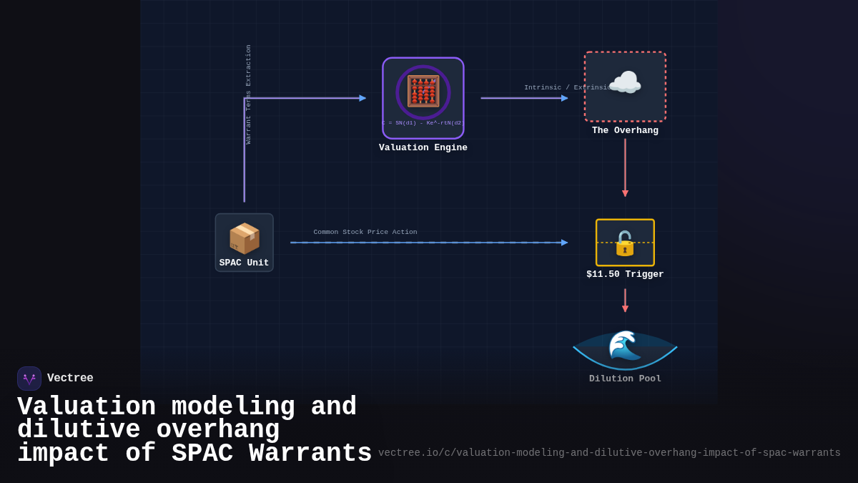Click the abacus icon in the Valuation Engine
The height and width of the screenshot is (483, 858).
point(423,92)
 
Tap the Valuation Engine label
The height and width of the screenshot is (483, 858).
point(423,148)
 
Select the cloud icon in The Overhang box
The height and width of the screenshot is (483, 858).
point(624,83)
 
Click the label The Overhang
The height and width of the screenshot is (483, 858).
point(625,131)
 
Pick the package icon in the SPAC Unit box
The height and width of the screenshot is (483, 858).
point(244,238)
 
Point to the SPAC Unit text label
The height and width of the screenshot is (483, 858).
point(244,263)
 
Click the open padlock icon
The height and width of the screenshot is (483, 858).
point(625,243)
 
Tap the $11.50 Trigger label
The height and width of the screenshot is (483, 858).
point(625,275)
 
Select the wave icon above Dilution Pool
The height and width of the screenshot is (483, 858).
point(624,346)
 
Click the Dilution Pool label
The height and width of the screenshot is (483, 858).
point(625,379)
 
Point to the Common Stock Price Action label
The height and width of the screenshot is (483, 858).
point(365,232)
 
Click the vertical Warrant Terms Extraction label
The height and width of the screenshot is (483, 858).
point(249,94)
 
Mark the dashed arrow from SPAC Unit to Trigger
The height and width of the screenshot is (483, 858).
point(429,243)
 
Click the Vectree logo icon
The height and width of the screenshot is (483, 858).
point(29,379)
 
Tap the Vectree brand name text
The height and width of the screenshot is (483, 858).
point(70,379)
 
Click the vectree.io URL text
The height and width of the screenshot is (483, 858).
point(609,453)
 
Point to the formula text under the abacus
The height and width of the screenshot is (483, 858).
point(423,122)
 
